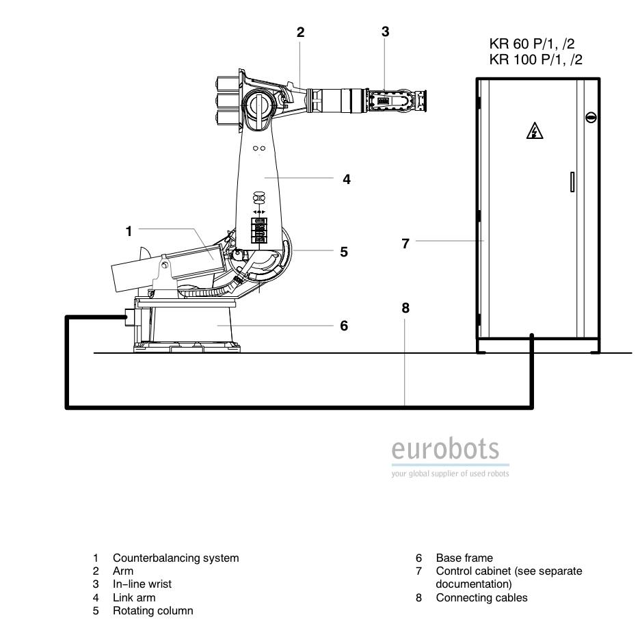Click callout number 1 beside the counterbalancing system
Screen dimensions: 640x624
(129, 231)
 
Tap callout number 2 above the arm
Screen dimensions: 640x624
(300, 32)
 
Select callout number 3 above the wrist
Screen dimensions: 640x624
(386, 31)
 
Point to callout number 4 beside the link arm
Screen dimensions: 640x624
(347, 179)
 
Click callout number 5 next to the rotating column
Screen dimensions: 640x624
(344, 252)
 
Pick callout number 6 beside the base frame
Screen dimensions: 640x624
(344, 326)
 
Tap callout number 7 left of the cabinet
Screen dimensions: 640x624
(405, 244)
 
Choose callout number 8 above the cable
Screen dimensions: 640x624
(405, 308)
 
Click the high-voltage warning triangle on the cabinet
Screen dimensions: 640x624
(534, 131)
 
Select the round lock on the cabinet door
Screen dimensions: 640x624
(591, 118)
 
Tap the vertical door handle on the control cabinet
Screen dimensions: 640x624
(572, 182)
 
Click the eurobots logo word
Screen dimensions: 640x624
(445, 449)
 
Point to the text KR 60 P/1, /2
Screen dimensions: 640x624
(532, 44)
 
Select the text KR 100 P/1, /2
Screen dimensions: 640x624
(535, 60)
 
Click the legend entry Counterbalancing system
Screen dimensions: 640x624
(176, 558)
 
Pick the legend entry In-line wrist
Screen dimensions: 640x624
(142, 584)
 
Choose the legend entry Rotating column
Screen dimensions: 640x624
(153, 610)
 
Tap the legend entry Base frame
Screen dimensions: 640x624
(464, 558)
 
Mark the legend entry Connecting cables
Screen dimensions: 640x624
(481, 598)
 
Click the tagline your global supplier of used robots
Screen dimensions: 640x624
(450, 473)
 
